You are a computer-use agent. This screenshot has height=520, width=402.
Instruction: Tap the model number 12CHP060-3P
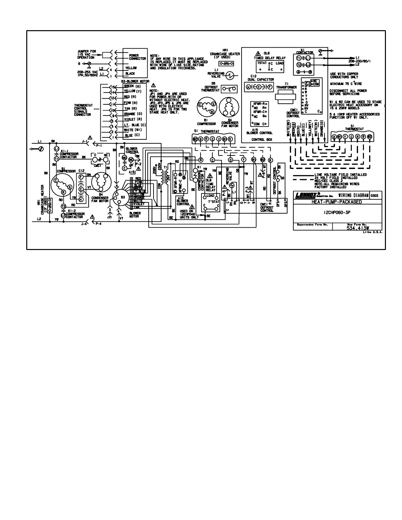click(338, 212)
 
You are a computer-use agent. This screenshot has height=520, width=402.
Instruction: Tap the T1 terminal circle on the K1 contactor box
click(299, 58)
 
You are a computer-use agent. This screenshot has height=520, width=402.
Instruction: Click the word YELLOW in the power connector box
click(131, 68)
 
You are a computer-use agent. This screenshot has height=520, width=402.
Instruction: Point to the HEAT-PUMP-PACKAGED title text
click(337, 202)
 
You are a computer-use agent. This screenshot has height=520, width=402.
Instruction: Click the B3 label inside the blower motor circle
click(123, 197)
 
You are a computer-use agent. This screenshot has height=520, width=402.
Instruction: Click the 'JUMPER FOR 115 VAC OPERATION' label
click(86, 54)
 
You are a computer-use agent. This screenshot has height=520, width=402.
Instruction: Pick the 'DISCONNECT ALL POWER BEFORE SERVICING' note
click(348, 92)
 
